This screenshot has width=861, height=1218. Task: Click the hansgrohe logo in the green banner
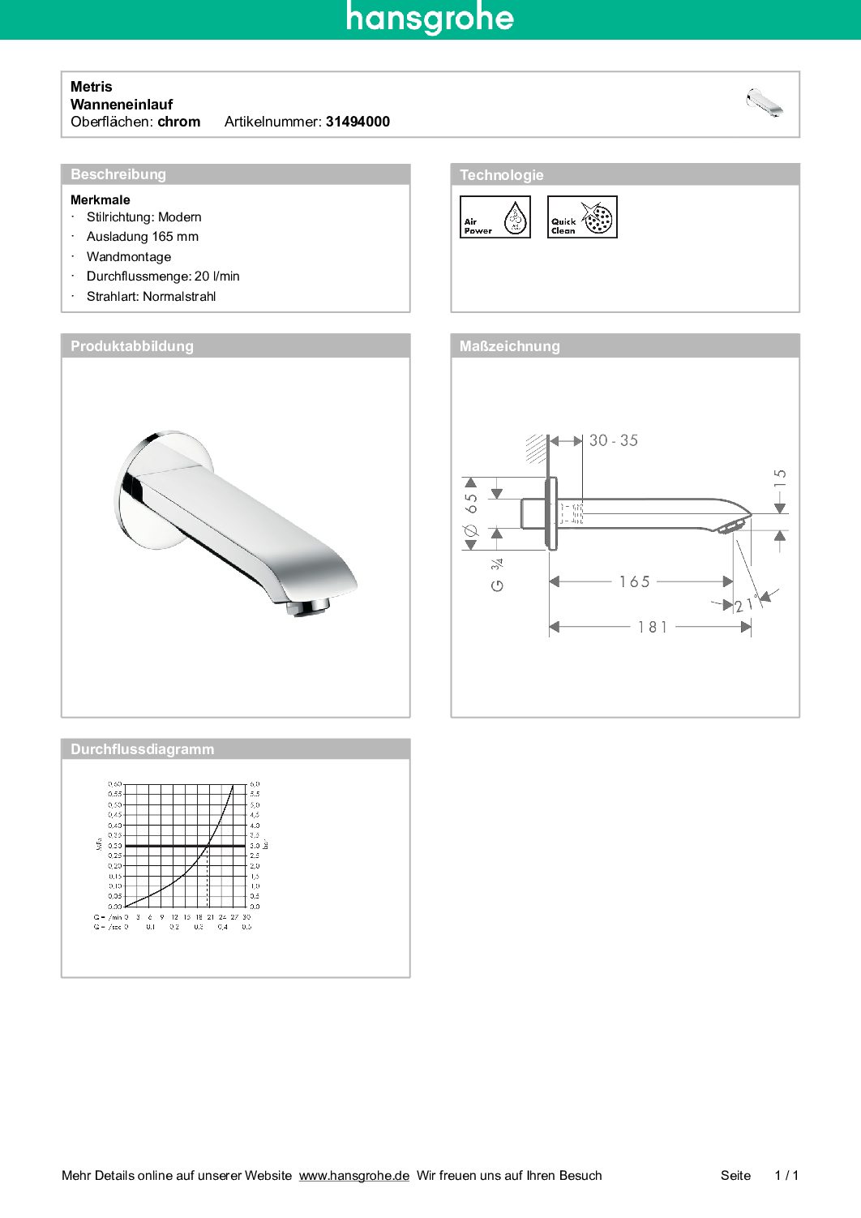click(430, 18)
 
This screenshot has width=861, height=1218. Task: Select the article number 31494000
click(358, 122)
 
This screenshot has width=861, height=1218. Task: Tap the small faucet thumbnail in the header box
click(764, 103)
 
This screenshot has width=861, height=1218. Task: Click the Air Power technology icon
click(495, 217)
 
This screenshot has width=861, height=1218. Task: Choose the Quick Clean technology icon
click(582, 217)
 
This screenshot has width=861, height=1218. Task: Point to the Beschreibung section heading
click(118, 174)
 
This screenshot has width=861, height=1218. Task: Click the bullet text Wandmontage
click(129, 257)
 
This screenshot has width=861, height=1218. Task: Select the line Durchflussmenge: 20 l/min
click(163, 277)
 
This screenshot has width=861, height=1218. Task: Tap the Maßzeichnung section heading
click(510, 346)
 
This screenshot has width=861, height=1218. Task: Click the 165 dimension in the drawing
click(635, 582)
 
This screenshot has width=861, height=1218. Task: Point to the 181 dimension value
click(653, 627)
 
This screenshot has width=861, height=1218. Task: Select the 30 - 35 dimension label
click(614, 440)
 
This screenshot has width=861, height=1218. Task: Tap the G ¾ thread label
click(497, 574)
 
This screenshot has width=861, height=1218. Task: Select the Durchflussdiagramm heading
click(143, 749)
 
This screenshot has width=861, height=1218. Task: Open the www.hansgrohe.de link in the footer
click(354, 1176)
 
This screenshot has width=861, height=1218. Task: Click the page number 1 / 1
click(786, 1176)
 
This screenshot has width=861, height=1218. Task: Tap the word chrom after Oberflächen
click(179, 122)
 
